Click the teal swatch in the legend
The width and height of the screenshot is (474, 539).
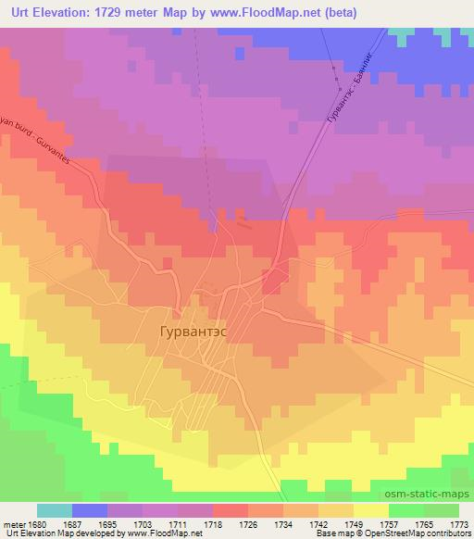tap(55, 510)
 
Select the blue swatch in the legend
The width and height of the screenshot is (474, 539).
tap(90, 510)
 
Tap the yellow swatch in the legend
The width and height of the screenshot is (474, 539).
tap(370, 510)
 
